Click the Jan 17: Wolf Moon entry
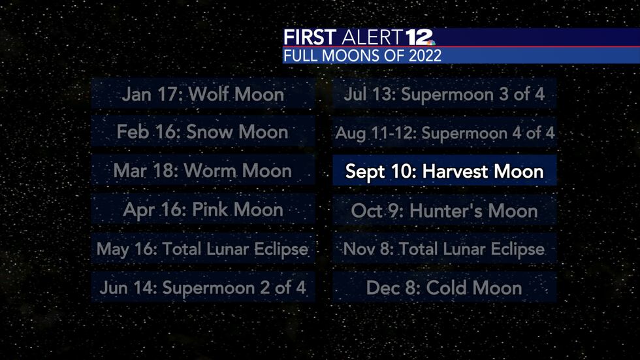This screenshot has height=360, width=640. pos(203,94)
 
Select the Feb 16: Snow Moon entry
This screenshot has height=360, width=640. pos(203,133)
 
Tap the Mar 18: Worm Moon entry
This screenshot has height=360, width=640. pos(203,171)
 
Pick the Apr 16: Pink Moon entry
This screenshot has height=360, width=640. pos(203,210)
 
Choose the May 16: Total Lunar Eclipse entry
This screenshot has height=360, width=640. pos(203,249)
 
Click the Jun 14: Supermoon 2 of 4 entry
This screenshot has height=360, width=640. pos(203,287)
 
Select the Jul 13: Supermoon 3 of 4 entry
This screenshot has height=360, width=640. pos(445,94)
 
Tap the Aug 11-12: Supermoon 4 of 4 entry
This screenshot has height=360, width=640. pos(445,133)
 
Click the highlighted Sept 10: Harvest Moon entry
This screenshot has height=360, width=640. pos(445,172)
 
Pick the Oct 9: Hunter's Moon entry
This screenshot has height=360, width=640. pos(445,210)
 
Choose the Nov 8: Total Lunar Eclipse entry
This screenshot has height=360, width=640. pos(445,249)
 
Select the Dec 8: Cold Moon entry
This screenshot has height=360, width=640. pos(445,287)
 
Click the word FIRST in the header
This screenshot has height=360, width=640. pos(310,38)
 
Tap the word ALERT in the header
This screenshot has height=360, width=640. pos(370,38)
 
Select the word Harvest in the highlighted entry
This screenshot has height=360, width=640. pos(452,172)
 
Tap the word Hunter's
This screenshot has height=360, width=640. pos(445,210)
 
